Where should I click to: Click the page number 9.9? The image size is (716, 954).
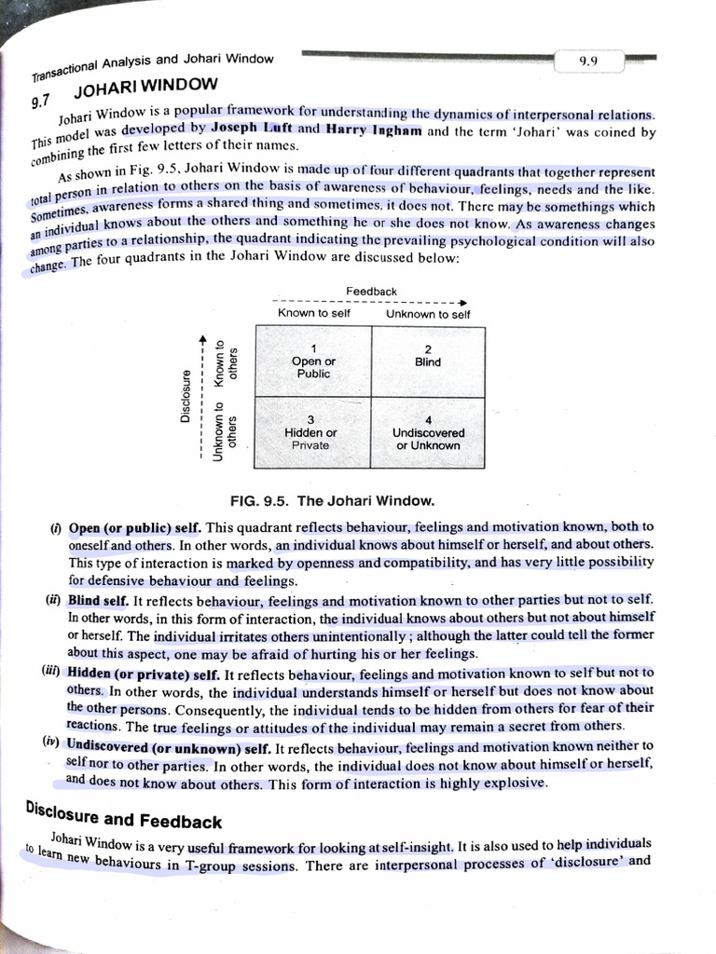coord(587,62)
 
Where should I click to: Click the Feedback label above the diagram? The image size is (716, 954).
coord(371,292)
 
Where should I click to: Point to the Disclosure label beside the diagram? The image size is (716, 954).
coord(186,395)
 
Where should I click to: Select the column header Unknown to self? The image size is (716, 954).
coord(428,314)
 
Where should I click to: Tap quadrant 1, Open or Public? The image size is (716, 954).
coord(313,361)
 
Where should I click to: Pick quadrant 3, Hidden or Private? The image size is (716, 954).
coord(311,432)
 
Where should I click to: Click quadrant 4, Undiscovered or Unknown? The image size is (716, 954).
coord(428,432)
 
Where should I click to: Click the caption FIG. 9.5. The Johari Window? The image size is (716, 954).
coord(332,500)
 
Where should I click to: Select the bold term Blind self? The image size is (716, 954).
coord(98,601)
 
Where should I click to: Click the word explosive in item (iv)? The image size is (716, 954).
coord(516,784)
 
